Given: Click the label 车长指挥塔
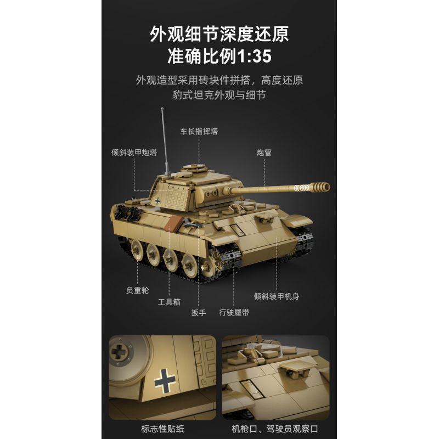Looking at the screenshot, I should point(199,131).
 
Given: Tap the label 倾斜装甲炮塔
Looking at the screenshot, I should point(134,152).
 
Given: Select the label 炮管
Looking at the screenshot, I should point(264,152).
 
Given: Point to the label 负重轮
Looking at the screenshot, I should point(137,290).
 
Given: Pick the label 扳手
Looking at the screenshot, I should point(198,312).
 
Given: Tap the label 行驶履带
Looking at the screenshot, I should point(234,312).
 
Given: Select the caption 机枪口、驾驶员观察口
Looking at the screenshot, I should point(276,429).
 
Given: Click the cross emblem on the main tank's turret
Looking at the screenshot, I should point(158,200).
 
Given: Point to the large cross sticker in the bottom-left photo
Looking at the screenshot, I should point(164,379).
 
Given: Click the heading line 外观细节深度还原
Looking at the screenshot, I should point(219,33).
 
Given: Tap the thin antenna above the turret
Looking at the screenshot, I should point(164,134).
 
